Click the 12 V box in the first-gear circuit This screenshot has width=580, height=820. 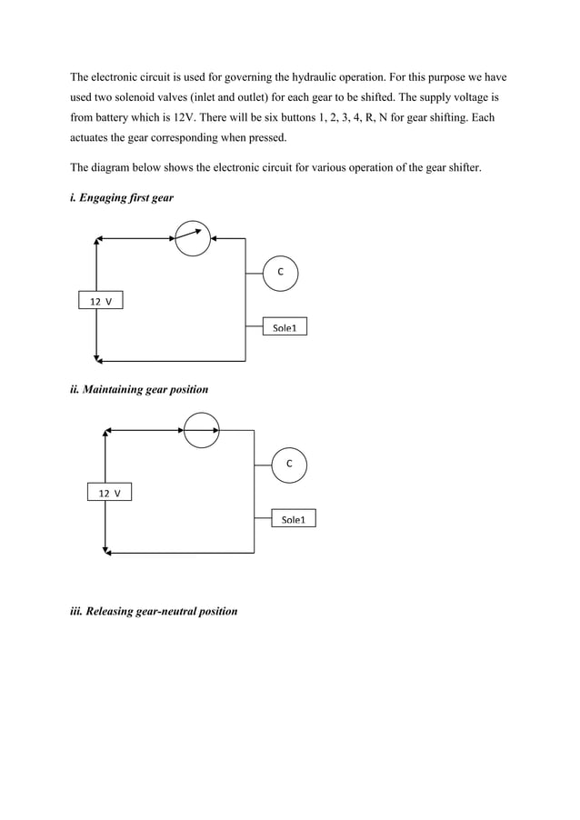click(100, 301)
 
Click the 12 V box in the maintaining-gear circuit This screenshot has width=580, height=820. click(110, 493)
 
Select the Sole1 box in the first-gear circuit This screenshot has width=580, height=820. click(285, 327)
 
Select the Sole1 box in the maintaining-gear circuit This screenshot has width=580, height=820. click(294, 520)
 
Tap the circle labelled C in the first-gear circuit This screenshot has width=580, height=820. click(280, 272)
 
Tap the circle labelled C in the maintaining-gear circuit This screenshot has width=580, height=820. click(289, 464)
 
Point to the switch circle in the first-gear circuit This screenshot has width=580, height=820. click(193, 238)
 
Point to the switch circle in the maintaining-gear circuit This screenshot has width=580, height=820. click(202, 430)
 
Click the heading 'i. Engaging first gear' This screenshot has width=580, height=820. click(122, 197)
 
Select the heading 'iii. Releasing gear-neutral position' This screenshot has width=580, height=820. click(154, 611)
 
